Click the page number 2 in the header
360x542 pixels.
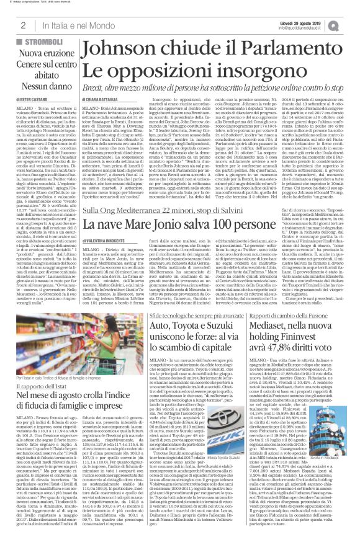(x=22, y=25)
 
